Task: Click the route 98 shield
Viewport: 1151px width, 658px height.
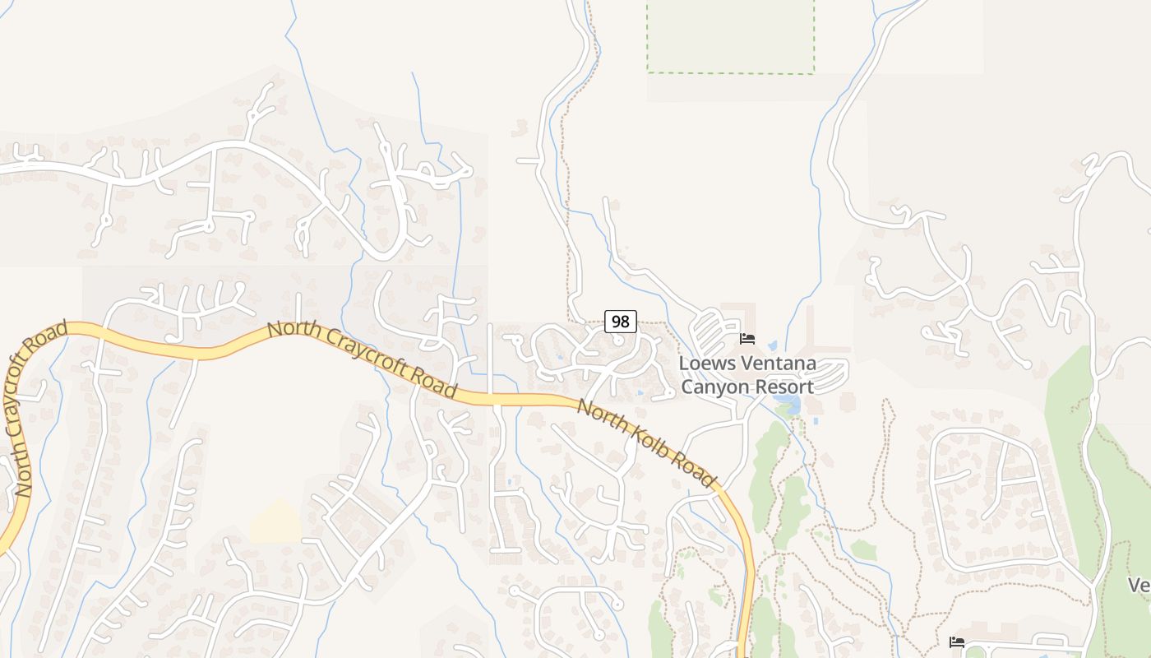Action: point(621,322)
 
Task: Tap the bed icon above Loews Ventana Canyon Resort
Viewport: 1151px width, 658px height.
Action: point(747,338)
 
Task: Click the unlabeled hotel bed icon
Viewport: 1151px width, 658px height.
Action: point(956,642)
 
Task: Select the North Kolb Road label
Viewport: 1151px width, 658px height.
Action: point(645,443)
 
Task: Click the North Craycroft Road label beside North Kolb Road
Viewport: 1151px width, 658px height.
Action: point(362,360)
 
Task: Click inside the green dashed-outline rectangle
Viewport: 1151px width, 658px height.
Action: point(730,37)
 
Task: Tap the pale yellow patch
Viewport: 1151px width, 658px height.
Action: point(276,521)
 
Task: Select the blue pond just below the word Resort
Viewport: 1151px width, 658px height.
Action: point(786,404)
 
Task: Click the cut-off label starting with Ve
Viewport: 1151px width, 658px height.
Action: point(1139,585)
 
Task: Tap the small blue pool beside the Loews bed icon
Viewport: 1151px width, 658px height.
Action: point(772,345)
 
